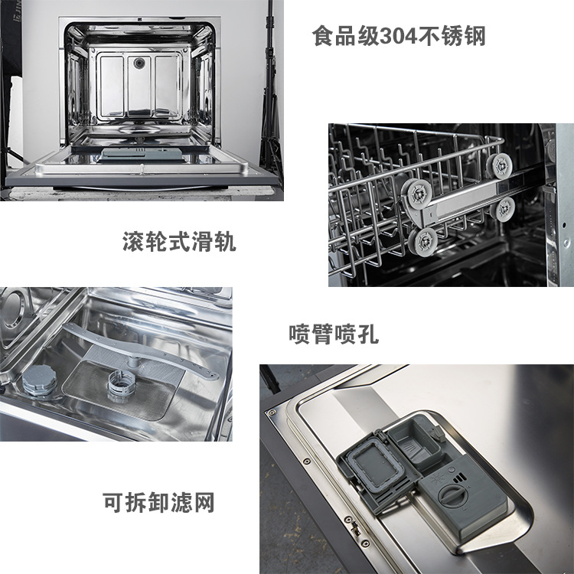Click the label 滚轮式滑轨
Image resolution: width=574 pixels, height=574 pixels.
click(x=179, y=243)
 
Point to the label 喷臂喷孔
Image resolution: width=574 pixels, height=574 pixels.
click(x=334, y=334)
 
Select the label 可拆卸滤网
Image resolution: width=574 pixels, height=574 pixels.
click(x=158, y=503)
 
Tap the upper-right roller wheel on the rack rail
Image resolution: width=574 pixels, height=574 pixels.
click(x=501, y=164)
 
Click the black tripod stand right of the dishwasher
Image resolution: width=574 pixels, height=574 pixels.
click(x=269, y=92)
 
